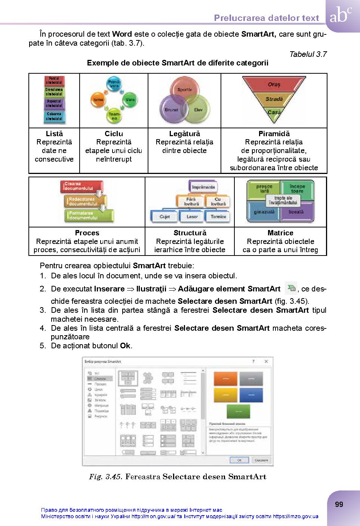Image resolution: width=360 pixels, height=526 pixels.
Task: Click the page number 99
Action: (339, 504)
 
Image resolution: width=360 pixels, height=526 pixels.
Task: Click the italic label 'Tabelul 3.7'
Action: (308, 54)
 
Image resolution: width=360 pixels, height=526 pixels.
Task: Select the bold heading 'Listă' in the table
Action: (54, 134)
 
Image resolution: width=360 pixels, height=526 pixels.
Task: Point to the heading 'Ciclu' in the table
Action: (114, 134)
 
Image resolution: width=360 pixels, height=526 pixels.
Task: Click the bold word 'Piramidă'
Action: (274, 134)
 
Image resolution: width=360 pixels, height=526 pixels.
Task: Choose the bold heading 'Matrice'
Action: (280, 233)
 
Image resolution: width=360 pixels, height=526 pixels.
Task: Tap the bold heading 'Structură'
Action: (190, 233)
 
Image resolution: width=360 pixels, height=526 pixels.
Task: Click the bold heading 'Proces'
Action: (87, 233)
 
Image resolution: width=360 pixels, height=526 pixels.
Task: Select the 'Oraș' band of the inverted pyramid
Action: (274, 85)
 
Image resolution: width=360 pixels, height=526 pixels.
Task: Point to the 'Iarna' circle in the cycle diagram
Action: (98, 100)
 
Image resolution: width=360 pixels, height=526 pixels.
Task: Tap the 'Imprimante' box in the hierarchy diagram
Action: (203, 187)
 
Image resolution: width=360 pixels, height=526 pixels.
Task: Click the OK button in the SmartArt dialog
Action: (239, 460)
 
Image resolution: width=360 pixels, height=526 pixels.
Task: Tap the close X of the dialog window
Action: (266, 361)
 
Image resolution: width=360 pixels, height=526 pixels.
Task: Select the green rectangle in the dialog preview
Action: (238, 411)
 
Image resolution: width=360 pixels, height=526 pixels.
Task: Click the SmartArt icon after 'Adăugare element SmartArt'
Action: (291, 288)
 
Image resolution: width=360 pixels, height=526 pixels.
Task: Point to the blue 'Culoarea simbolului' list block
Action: (54, 116)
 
